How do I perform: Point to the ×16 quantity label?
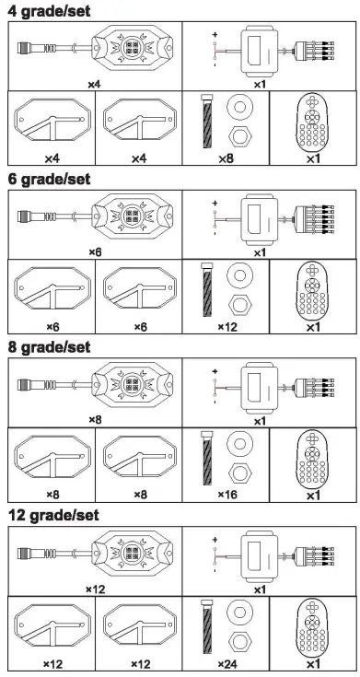[x=227, y=495]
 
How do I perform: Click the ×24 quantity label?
[x=227, y=663]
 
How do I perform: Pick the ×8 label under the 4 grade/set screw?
[x=227, y=159]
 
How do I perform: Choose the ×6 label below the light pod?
[x=95, y=251]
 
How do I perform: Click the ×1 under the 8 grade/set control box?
[x=260, y=420]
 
